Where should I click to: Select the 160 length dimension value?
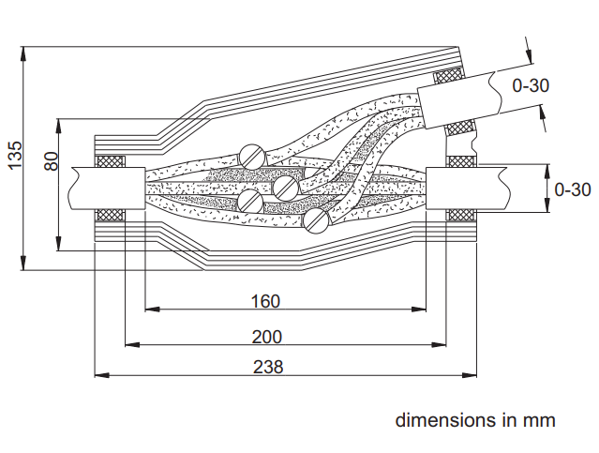(x=266, y=302)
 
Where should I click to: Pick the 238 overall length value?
(x=267, y=367)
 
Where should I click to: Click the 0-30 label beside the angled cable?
(x=530, y=85)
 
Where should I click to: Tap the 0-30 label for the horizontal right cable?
(x=572, y=189)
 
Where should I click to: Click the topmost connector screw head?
(x=251, y=154)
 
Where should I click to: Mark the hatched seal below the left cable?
(x=112, y=216)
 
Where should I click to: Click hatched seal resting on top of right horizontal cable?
(x=460, y=161)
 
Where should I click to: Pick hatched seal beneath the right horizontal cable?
(x=460, y=216)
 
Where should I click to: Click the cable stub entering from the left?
(x=103, y=189)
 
